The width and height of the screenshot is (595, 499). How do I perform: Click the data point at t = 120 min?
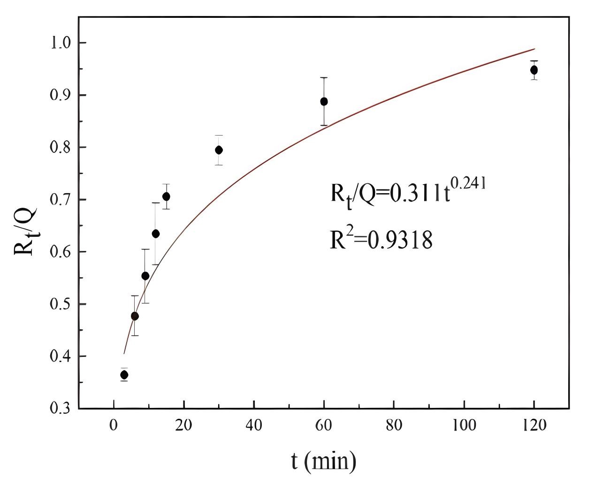click(x=534, y=70)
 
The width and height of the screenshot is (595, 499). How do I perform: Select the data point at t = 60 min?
click(x=324, y=101)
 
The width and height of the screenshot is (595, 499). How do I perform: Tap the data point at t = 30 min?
click(x=219, y=150)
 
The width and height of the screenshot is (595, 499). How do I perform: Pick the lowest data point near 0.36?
click(x=124, y=375)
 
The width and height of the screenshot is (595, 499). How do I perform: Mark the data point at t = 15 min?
click(x=166, y=197)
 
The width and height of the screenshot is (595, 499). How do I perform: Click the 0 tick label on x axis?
click(x=114, y=425)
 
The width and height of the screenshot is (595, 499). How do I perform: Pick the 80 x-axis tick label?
click(x=394, y=425)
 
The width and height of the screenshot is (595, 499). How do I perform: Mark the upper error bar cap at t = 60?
click(x=324, y=77)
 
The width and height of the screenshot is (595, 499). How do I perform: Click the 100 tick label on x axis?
click(x=464, y=425)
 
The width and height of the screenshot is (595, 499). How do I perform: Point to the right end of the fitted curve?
click(x=534, y=48)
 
